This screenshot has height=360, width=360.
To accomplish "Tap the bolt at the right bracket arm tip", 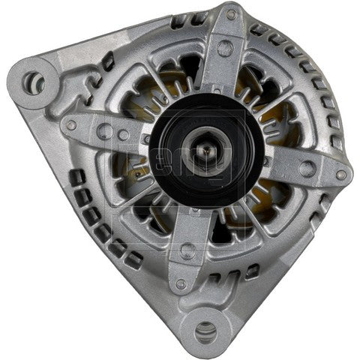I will (x=341, y=175).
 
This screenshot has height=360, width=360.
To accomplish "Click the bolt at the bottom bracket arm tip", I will (x=180, y=284).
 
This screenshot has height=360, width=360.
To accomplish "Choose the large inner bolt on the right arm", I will (x=306, y=168).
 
